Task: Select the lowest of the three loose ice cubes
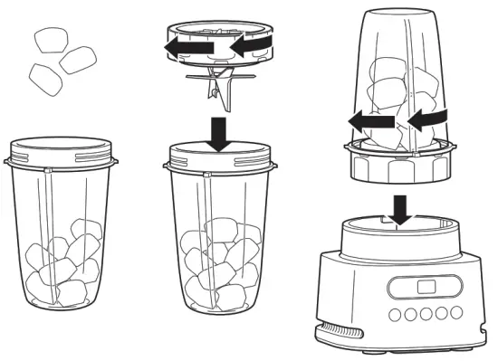pyautogui.click(x=43, y=79)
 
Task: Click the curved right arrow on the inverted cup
pyautogui.click(x=423, y=118)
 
